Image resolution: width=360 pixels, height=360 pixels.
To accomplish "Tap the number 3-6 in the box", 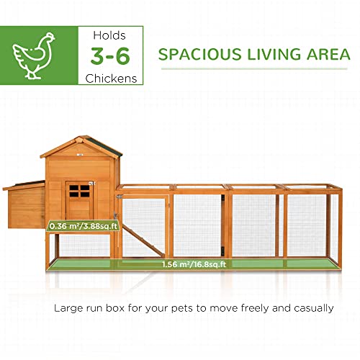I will tap(109, 55).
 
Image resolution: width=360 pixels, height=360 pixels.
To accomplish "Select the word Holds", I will tap(109, 34).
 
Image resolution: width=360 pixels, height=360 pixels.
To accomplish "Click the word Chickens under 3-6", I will tap(109, 77).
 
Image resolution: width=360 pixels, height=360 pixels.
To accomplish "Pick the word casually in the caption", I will tap(312, 308).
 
